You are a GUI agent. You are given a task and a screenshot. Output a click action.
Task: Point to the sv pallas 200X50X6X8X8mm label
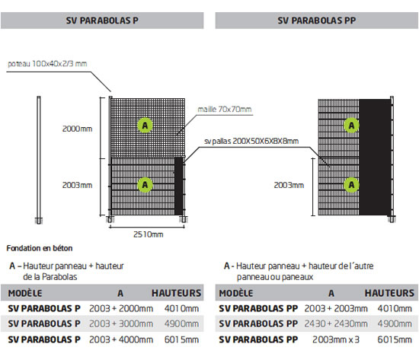tap(251, 141)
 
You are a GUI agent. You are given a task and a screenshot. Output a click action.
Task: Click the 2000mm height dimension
tap(78, 129)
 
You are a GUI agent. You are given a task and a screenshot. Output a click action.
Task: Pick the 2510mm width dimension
tap(148, 234)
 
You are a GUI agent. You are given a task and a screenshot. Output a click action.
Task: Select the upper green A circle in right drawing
tap(352, 124)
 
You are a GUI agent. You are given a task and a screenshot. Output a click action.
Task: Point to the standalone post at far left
tap(39, 159)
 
